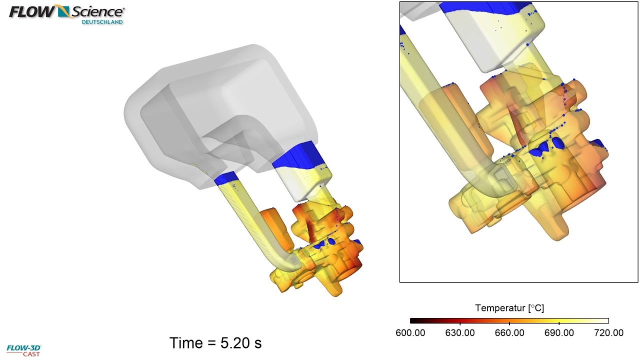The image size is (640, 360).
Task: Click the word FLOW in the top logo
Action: (x=31, y=11)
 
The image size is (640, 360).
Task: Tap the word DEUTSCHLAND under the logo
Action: (x=102, y=22)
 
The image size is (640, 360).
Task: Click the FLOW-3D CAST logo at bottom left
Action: (x=23, y=350)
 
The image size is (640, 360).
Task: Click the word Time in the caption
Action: (x=186, y=343)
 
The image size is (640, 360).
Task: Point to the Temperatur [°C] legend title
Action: (x=509, y=308)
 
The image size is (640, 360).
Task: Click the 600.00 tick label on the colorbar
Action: (x=410, y=332)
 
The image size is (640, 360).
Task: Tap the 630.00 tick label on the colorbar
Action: (x=459, y=332)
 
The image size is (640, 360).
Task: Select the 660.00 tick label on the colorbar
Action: (x=509, y=332)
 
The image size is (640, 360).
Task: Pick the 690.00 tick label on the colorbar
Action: (x=559, y=332)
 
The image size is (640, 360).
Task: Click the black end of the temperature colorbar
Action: (x=413, y=321)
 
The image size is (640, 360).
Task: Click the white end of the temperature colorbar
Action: (x=605, y=321)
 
